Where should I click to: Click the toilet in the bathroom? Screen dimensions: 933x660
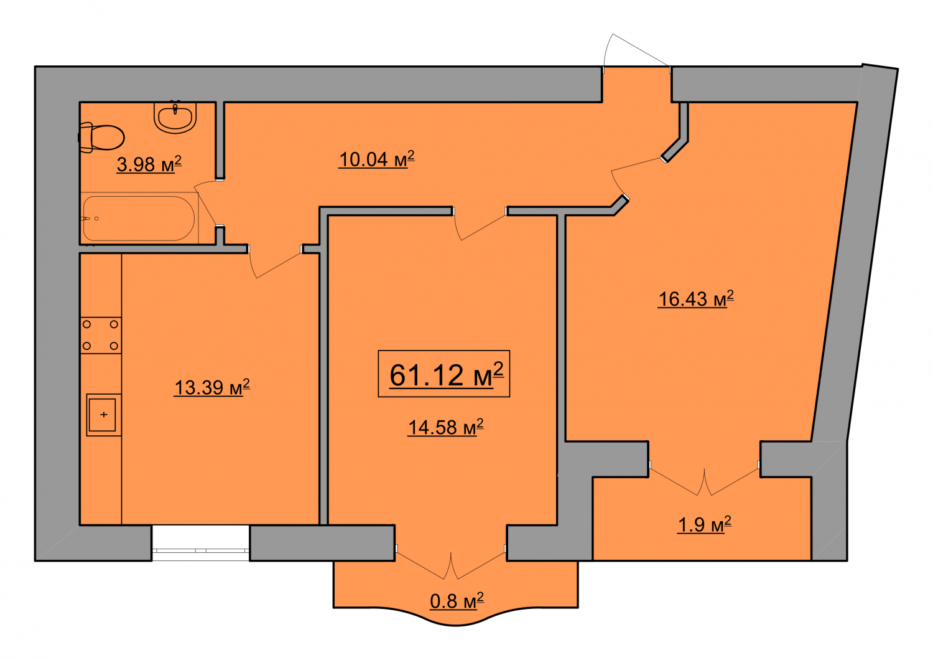coord(101,137)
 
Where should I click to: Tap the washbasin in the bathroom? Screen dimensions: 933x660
coord(175,117)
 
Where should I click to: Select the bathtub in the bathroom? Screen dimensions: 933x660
coord(139,218)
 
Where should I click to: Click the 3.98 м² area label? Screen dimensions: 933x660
coord(149,164)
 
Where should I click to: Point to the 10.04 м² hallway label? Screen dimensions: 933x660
coord(376,159)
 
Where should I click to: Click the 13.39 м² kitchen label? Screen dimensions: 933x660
coord(211,387)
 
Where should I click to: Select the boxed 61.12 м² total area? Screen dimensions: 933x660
coord(444,374)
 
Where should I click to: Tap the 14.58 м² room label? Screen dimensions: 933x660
coord(446,427)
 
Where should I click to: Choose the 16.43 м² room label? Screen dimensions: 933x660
coord(695,298)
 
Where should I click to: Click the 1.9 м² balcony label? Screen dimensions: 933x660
coord(704,524)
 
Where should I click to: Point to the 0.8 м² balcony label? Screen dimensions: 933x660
coord(457,601)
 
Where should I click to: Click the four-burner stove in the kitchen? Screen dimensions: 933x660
coord(101,335)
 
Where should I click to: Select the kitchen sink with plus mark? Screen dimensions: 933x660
coord(104,415)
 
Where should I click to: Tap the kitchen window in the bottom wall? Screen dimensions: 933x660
coord(200,543)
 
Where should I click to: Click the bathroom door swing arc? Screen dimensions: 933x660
coord(205,204)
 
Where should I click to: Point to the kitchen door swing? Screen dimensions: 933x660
coord(275,263)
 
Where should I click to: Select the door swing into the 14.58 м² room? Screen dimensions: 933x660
coord(480,225)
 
